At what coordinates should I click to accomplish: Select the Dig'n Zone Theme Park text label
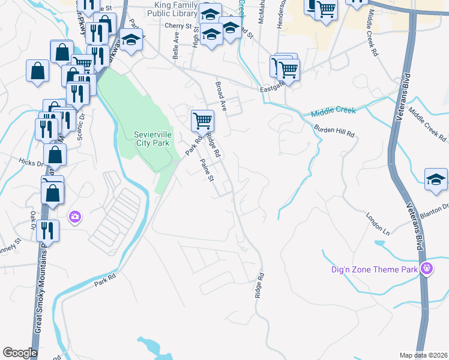click(x=374, y=269)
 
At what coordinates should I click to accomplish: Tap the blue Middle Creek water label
click(x=334, y=112)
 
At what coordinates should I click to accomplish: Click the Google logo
click(x=20, y=353)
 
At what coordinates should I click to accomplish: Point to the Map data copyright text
click(x=423, y=355)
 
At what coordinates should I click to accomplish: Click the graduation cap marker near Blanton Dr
click(x=436, y=179)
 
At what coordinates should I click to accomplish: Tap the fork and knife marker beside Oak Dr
click(x=47, y=230)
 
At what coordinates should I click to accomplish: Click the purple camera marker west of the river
click(x=75, y=216)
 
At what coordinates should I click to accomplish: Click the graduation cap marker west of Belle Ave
click(x=130, y=41)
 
